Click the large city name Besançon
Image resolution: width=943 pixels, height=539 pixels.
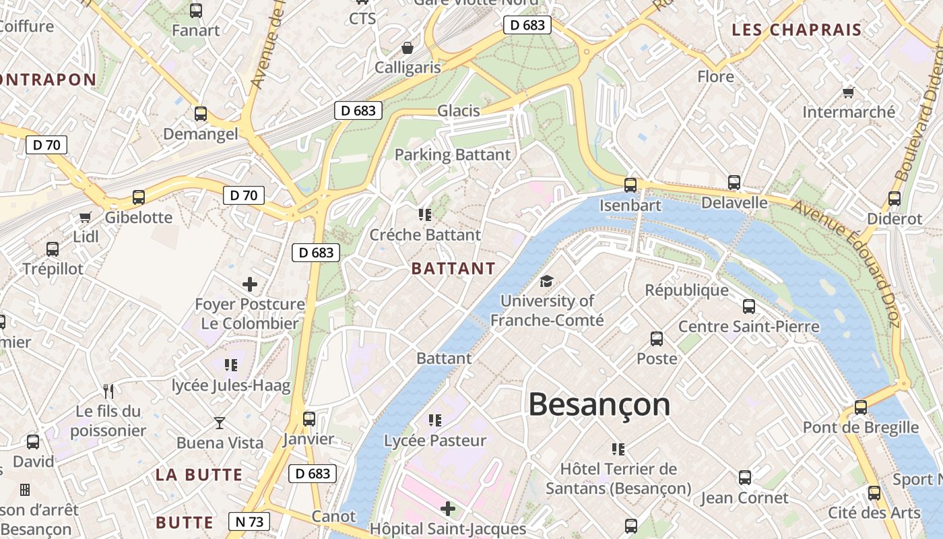[x=599, y=405]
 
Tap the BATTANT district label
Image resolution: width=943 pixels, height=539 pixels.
[x=453, y=269]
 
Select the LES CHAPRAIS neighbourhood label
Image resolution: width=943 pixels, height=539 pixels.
[x=797, y=30]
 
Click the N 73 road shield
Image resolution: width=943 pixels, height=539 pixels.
[x=249, y=521]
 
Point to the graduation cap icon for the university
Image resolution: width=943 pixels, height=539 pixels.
[x=546, y=281]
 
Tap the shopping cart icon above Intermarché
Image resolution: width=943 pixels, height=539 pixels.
[x=848, y=92]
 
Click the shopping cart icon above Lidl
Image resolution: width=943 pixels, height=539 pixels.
[x=85, y=217]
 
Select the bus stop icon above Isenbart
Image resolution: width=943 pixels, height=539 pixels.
[x=630, y=185]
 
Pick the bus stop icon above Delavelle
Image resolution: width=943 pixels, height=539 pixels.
[x=734, y=183]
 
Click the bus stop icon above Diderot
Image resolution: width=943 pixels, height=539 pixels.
[x=894, y=199]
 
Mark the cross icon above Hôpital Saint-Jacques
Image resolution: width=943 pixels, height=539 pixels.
[x=448, y=508]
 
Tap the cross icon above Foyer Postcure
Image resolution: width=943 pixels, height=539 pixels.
[x=250, y=284]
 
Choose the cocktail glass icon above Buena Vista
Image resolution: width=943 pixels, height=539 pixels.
[x=220, y=423]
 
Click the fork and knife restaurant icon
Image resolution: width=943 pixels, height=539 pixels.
[x=108, y=391]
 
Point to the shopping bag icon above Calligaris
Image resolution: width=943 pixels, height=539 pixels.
[x=407, y=48]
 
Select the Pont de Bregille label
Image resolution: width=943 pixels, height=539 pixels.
[x=860, y=428]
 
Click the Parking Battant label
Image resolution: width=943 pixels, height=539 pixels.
[x=453, y=155]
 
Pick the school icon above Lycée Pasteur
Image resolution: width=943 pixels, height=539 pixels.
[x=435, y=420]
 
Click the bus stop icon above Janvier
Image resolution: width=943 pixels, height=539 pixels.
[x=308, y=419]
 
